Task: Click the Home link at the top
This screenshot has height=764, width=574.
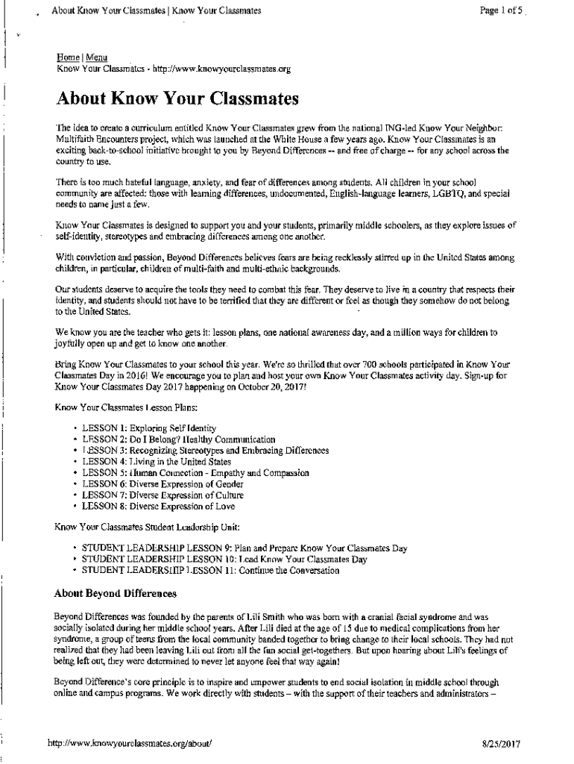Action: [68, 58]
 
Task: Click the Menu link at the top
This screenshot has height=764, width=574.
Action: [96, 58]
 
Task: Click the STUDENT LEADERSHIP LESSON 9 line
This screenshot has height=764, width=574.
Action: [244, 548]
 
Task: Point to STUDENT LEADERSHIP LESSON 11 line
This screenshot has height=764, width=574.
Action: [210, 571]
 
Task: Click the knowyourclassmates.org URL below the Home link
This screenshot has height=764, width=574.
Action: [221, 70]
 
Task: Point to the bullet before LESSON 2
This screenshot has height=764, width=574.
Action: [75, 440]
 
